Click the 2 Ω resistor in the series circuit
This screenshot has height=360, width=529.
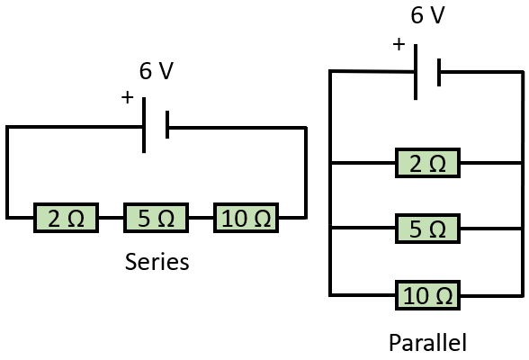[x=67, y=218]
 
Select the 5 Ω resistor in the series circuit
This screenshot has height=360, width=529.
[x=156, y=218]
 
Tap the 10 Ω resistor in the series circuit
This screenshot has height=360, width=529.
[x=246, y=218]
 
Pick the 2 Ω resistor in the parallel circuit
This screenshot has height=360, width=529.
[x=428, y=163]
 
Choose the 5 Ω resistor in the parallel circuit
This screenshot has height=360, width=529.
[x=428, y=229]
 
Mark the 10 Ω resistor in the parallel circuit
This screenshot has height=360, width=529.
[x=428, y=295]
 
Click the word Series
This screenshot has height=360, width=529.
[x=157, y=262]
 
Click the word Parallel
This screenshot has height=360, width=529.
[x=428, y=343]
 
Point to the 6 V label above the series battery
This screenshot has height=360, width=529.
[x=157, y=71]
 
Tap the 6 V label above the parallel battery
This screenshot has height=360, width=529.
[x=428, y=15]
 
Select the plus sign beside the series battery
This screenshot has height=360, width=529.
[x=128, y=97]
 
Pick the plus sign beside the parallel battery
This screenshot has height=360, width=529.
[x=399, y=44]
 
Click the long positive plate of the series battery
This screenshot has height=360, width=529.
[x=144, y=125]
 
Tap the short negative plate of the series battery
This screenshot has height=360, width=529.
[x=167, y=124]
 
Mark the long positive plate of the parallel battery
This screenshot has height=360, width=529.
[x=416, y=72]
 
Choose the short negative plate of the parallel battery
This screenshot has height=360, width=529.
[x=439, y=72]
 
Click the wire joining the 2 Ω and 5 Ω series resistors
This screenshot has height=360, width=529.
[x=111, y=218]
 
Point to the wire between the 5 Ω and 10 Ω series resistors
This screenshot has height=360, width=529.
[x=201, y=218]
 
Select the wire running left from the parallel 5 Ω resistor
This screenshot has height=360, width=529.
[x=363, y=229]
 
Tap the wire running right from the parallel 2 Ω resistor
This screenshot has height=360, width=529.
[x=491, y=163]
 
